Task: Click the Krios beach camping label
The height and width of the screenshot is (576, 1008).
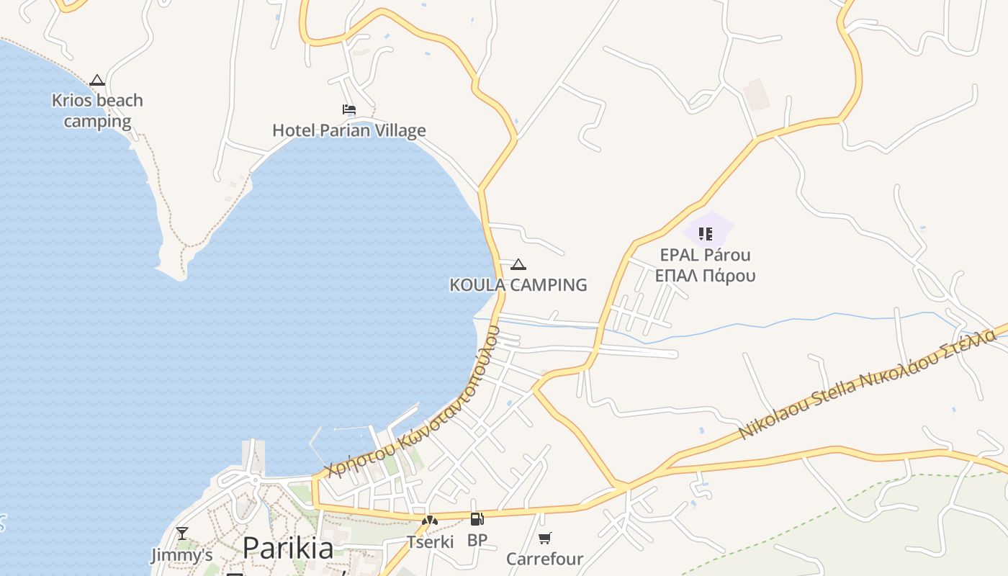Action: (x=97, y=111)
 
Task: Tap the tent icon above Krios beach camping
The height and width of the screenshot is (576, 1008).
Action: (x=97, y=80)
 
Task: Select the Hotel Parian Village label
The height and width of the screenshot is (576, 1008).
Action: (x=349, y=130)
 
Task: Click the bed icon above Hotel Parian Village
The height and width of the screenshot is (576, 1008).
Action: (x=349, y=109)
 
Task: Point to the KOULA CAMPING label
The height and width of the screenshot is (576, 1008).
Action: (x=518, y=285)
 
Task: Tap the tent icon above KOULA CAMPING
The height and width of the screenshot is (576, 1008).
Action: (x=518, y=264)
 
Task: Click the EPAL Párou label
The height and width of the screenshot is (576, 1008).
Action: (x=705, y=255)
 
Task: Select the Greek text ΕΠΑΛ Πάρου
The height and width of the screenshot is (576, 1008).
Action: (x=705, y=276)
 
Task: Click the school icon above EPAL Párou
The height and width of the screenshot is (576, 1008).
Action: (x=706, y=233)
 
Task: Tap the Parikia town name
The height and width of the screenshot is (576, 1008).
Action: (x=288, y=549)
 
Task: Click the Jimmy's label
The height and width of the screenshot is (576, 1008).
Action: (x=182, y=555)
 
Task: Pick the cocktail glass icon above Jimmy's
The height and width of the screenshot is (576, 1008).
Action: (x=182, y=533)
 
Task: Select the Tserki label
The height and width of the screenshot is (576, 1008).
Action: (x=430, y=541)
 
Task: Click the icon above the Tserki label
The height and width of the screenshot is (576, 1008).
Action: (x=430, y=520)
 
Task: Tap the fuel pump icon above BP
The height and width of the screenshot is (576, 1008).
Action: (x=477, y=519)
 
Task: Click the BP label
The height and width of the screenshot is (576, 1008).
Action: (x=477, y=540)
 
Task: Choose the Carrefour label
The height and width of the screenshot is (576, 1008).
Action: (x=544, y=559)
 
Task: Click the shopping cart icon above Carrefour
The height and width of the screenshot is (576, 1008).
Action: (x=545, y=538)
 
